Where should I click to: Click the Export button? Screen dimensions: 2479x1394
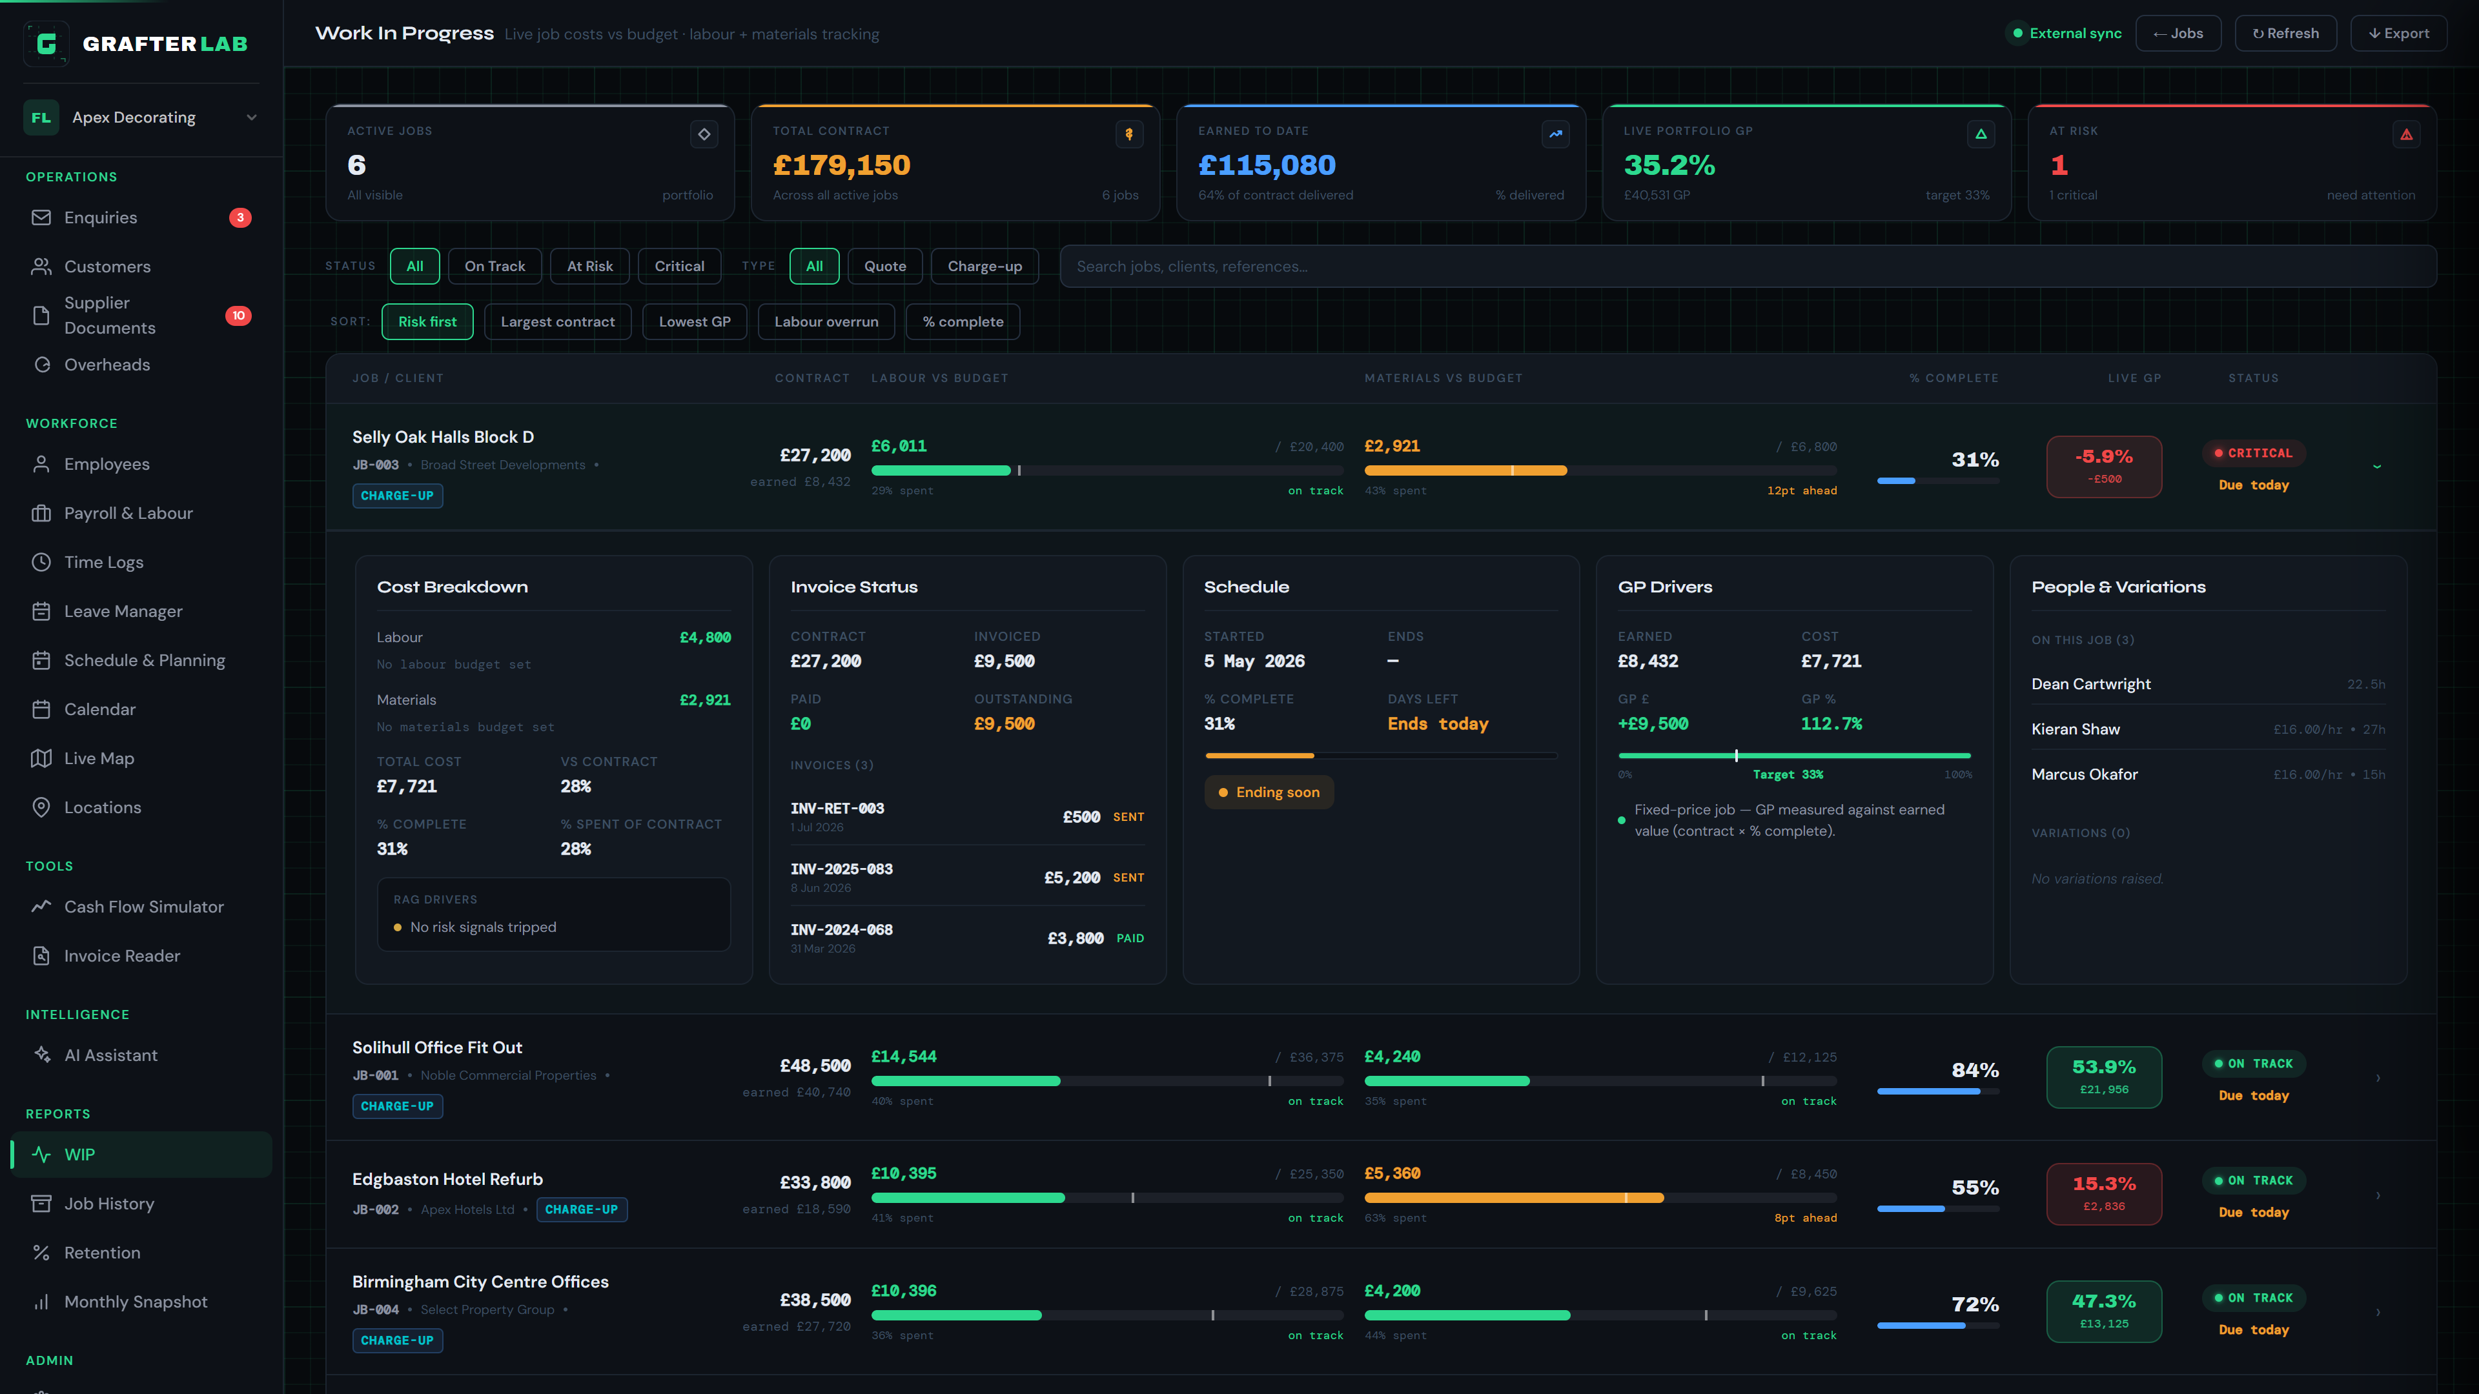tap(2398, 34)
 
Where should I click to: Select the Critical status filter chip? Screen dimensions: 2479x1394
tap(679, 267)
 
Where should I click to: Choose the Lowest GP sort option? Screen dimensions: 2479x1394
tap(695, 321)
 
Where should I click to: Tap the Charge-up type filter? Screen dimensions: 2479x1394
tap(984, 267)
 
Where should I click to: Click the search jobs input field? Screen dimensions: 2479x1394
tap(1748, 267)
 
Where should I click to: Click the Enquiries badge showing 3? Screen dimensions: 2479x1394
tap(240, 217)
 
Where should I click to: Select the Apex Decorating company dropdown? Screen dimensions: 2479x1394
tap(141, 117)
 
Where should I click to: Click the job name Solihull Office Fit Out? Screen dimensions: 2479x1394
tap(437, 1047)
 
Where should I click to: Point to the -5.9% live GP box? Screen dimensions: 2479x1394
tap(2104, 467)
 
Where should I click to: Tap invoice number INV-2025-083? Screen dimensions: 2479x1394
tap(841, 869)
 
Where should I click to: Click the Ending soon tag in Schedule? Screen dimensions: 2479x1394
tap(1269, 793)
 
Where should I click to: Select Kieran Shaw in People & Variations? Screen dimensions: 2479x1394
tap(2075, 729)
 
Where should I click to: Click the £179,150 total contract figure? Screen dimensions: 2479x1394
tap(841, 165)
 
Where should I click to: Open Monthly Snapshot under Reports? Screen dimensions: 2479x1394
tap(136, 1302)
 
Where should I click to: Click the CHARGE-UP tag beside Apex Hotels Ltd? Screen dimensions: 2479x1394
tap(581, 1209)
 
